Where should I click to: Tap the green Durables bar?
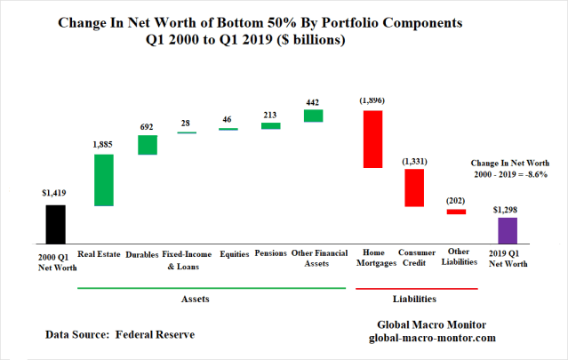point(147,145)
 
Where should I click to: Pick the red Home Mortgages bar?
point(372,139)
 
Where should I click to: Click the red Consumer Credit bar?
point(413,188)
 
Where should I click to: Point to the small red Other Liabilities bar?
point(456,212)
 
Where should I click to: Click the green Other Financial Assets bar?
point(313,116)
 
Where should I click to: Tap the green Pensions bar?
point(270,126)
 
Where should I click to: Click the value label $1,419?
point(53,191)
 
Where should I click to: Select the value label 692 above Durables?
point(147,127)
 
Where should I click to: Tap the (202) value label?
point(456,201)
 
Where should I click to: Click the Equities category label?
point(228,253)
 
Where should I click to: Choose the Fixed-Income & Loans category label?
point(188,259)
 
